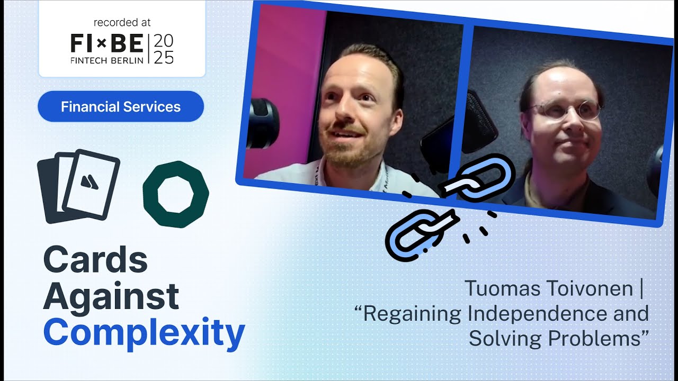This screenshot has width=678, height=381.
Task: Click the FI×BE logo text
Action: tap(106, 42)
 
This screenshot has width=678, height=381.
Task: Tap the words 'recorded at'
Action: tap(122, 23)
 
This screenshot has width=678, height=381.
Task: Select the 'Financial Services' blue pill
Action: tap(121, 106)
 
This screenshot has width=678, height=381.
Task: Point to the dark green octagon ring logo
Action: tap(176, 194)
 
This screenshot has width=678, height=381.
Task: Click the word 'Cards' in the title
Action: tap(95, 260)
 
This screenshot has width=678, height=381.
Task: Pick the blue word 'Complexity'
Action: tap(144, 332)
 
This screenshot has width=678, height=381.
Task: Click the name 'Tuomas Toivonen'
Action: tap(549, 289)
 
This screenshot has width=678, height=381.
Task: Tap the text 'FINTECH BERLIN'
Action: tap(106, 60)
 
